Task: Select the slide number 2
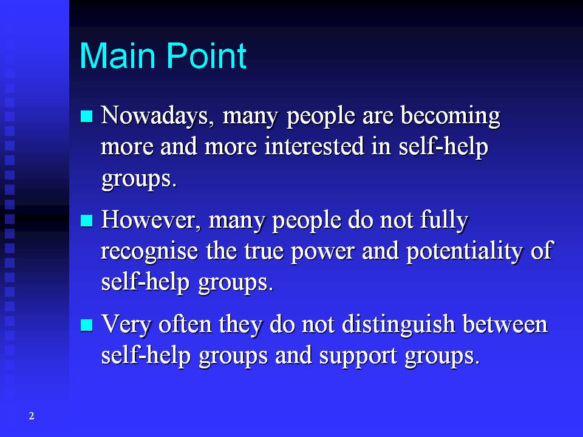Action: point(31,416)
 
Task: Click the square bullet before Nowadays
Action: point(87,115)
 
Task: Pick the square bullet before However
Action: point(87,220)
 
